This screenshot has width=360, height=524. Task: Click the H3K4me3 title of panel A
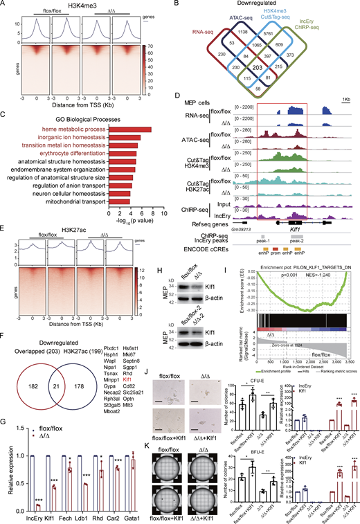point(87,6)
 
